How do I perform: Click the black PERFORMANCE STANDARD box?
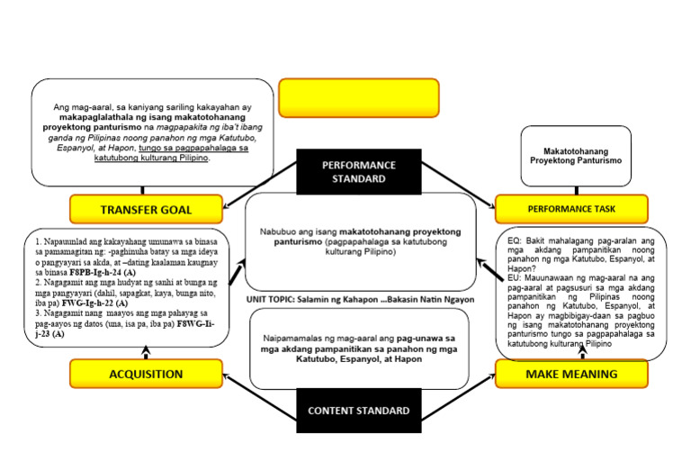click(359, 171)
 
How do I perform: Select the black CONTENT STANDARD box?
click(359, 411)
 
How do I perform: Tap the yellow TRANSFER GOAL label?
click(146, 210)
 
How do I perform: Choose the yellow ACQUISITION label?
click(146, 374)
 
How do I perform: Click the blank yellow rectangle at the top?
click(359, 99)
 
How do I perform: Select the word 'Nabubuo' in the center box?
click(281, 231)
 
